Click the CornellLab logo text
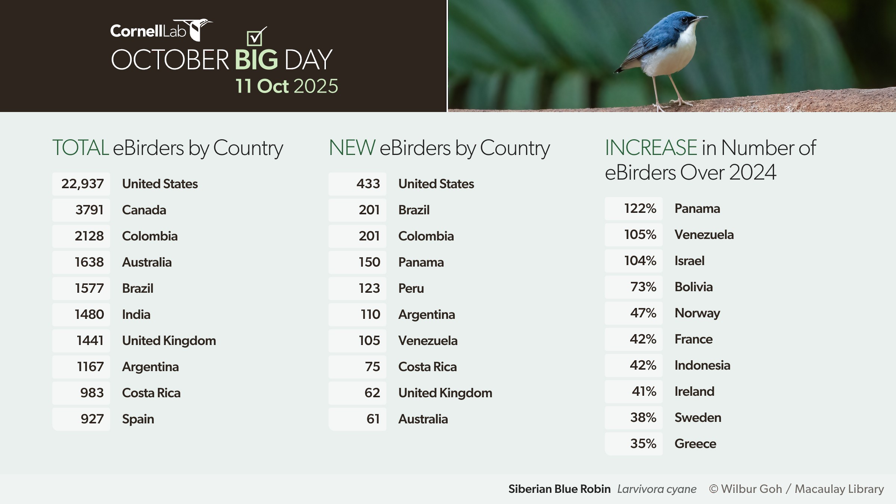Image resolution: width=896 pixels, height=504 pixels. [148, 31]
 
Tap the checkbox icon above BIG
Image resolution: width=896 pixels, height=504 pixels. [256, 37]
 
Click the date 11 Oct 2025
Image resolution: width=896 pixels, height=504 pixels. [287, 86]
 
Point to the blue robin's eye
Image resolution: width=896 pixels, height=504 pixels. [684, 19]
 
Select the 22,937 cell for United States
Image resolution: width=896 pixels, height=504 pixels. [81, 184]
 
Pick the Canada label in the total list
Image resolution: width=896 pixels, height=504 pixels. [144, 210]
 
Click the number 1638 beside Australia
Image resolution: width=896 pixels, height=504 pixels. [89, 262]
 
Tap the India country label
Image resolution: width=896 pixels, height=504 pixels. [136, 315]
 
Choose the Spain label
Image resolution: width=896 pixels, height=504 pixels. [138, 419]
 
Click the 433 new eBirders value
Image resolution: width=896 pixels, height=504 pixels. [368, 184]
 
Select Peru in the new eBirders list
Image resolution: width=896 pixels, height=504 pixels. [411, 289]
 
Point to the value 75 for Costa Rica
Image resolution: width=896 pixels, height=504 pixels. [373, 367]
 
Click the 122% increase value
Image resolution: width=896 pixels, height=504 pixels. [640, 209]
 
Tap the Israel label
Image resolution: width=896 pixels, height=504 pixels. [690, 261]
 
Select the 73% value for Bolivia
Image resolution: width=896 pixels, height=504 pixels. [643, 287]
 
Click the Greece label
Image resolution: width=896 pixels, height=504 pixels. [696, 444]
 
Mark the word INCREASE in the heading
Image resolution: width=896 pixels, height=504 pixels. [651, 147]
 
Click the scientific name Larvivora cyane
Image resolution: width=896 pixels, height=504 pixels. [657, 489]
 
